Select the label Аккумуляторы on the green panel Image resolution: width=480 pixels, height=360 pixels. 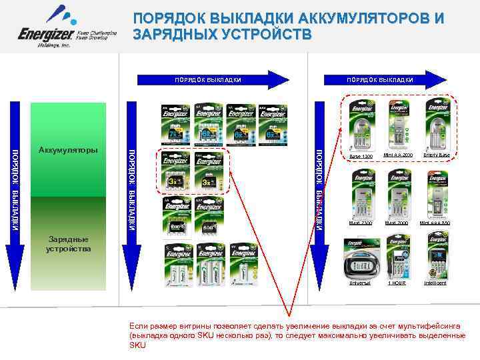67,150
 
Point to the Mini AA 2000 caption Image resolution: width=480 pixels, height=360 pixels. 399,155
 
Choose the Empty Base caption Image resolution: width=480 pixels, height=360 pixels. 437,155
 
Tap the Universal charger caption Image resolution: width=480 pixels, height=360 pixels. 360,283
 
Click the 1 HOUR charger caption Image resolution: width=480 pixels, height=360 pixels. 398,283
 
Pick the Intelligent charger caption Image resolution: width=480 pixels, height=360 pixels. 437,283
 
